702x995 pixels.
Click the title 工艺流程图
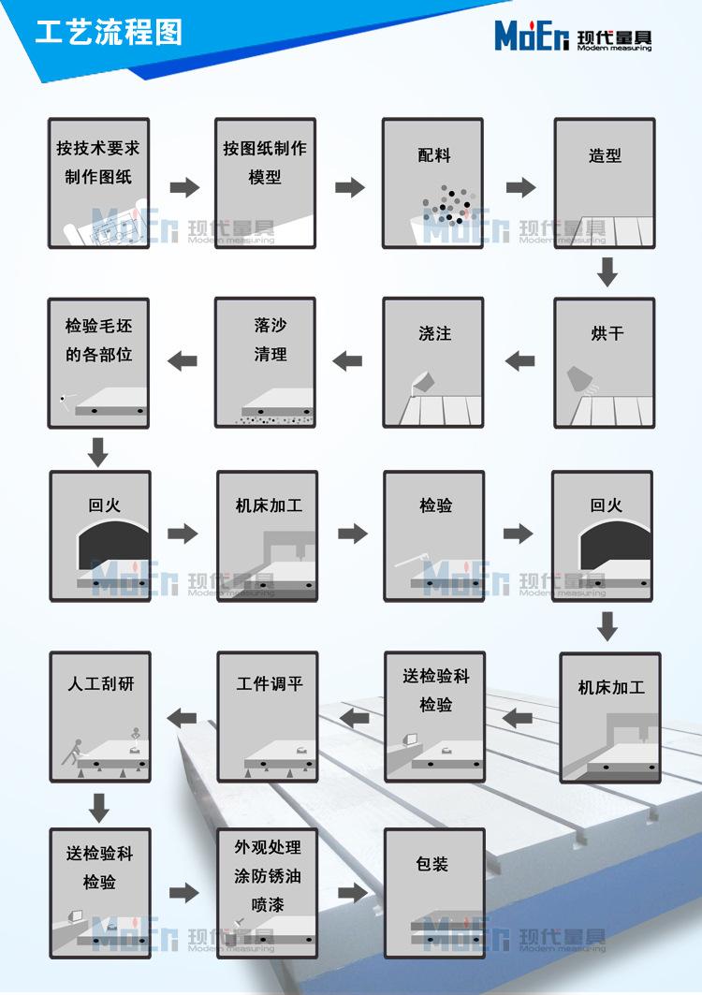click(109, 33)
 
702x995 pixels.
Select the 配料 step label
click(434, 154)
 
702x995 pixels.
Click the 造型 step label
click(605, 154)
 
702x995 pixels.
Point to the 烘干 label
click(607, 333)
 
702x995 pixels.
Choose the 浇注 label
click(435, 333)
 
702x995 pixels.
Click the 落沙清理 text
click(271, 340)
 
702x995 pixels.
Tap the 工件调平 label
click(270, 683)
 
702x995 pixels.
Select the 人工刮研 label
click(101, 683)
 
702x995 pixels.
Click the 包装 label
click(432, 863)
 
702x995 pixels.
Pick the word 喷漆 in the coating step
click(267, 904)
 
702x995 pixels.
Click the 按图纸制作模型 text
click(265, 163)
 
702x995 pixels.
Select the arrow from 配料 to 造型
click(521, 187)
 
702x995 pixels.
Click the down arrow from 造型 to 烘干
click(607, 271)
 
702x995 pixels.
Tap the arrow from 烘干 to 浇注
click(519, 361)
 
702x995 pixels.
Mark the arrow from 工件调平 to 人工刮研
click(183, 718)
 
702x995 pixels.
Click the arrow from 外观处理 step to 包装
click(353, 893)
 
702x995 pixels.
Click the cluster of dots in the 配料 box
click(447, 204)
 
